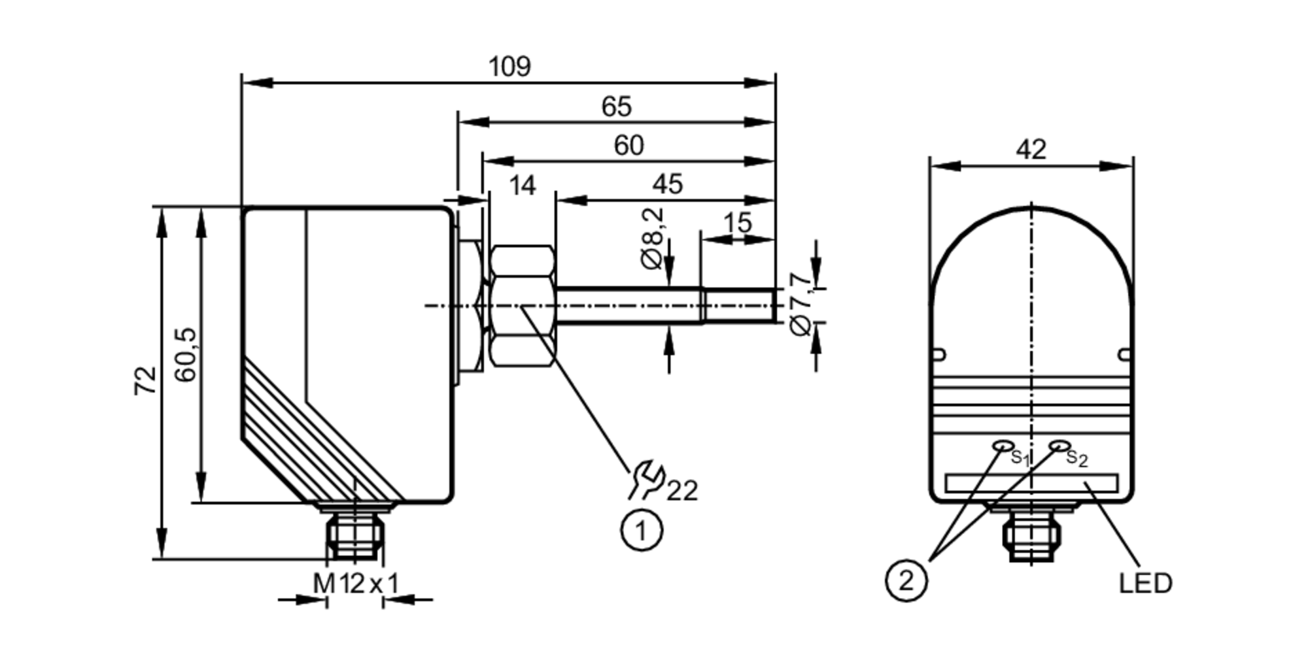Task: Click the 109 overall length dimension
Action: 509,67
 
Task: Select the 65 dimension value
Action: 616,107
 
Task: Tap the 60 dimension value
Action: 628,145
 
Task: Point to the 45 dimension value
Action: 667,184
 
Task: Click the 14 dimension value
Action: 522,186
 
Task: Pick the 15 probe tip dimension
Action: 737,223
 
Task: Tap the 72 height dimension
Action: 146,380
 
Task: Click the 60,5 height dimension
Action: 186,355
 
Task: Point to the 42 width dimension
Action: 1031,150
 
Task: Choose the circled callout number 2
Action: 906,580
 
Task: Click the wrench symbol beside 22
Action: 647,480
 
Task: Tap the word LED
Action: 1145,584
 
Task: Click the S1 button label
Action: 1020,457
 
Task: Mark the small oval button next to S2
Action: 1058,446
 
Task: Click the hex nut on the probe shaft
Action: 523,305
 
